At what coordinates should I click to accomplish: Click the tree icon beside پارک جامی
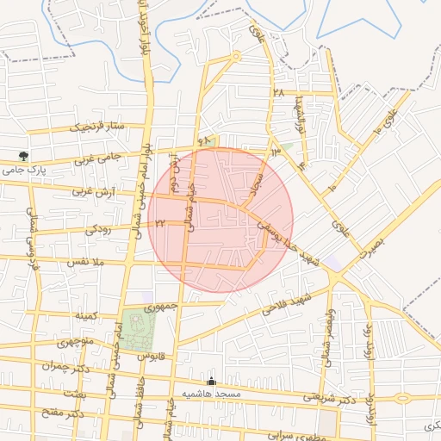23,156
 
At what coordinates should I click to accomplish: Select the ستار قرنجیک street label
100,127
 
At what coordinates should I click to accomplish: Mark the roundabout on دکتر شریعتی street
401,398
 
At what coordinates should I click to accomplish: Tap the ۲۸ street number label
277,91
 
